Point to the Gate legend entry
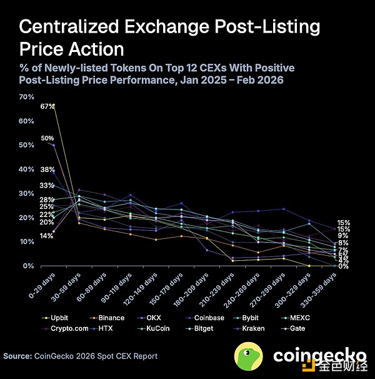click(300, 328)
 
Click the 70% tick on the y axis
click(27, 97)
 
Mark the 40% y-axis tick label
click(27, 169)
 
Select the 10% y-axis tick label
click(27, 242)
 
